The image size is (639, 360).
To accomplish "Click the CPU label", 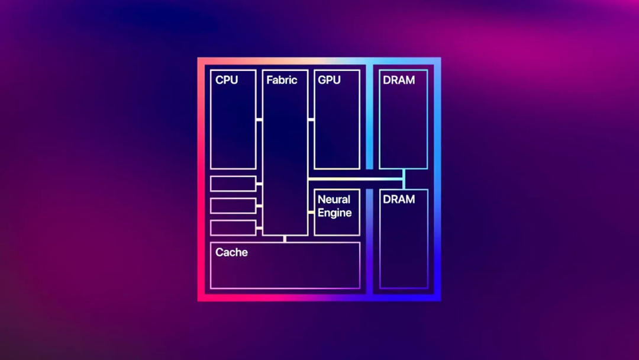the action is click(x=227, y=80).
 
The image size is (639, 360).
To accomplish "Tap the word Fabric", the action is click(x=282, y=80).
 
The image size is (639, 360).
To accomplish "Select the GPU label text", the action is click(x=329, y=80).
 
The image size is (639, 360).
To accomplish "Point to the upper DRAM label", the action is click(x=399, y=81).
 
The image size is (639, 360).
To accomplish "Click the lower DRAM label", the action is click(x=399, y=200).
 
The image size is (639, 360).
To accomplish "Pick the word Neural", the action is click(x=334, y=200).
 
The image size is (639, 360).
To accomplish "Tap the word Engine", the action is click(x=334, y=213).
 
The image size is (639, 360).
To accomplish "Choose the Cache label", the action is click(x=231, y=252).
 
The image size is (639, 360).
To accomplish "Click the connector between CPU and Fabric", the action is click(x=259, y=120).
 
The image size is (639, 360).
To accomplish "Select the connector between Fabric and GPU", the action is click(x=311, y=120).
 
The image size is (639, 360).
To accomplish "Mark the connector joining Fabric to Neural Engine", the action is click(x=311, y=213).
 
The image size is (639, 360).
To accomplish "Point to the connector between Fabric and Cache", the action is click(x=285, y=239).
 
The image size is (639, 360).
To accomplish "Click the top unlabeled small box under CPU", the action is click(x=233, y=184).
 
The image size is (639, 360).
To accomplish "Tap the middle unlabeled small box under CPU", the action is click(x=233, y=206).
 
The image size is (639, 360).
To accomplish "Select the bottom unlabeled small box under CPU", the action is click(x=233, y=228).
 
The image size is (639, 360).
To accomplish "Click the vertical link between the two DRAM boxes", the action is click(x=404, y=179).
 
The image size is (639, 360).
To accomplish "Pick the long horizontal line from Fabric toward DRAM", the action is click(x=356, y=179).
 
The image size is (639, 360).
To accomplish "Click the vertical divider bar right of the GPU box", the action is click(x=369, y=117).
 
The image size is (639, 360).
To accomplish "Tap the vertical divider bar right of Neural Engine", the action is click(x=369, y=241).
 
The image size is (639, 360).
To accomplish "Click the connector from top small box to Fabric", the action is click(x=259, y=184).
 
